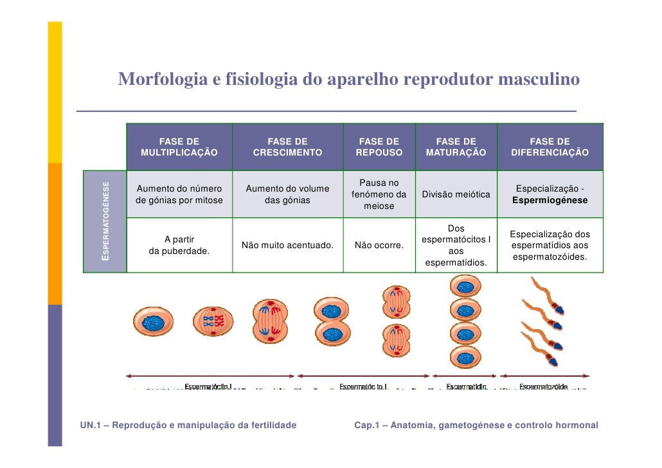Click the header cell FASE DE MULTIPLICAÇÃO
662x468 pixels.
pyautogui.click(x=179, y=147)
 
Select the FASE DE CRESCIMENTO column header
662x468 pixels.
pyautogui.click(x=287, y=147)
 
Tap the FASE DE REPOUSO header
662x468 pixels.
pyautogui.click(x=379, y=147)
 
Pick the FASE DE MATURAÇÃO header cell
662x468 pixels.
pyautogui.click(x=456, y=147)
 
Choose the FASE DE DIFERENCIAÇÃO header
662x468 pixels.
pyautogui.click(x=550, y=147)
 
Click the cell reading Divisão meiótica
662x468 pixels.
pyautogui.click(x=456, y=194)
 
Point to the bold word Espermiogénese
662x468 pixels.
pyautogui.click(x=550, y=201)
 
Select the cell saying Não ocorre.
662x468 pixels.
pyautogui.click(x=379, y=246)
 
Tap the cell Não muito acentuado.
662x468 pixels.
pyautogui.click(x=287, y=246)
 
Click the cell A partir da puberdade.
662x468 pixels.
pyautogui.click(x=179, y=246)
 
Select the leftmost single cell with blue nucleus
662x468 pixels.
pyautogui.click(x=152, y=321)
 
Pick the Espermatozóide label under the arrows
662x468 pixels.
pyautogui.click(x=543, y=386)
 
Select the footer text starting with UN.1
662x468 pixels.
pyautogui.click(x=188, y=425)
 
